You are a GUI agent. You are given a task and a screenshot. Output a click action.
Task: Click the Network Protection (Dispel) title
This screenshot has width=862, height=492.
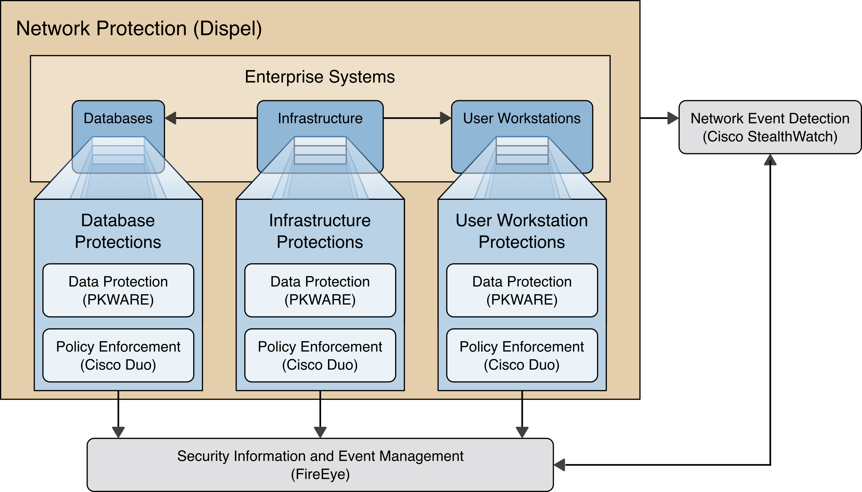(x=139, y=28)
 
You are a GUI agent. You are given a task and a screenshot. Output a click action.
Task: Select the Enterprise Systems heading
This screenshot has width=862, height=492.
(x=320, y=77)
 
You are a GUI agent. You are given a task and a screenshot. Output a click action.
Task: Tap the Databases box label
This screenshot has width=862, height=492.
(x=118, y=118)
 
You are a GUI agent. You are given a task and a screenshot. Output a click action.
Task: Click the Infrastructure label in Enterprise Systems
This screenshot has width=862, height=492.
(x=320, y=118)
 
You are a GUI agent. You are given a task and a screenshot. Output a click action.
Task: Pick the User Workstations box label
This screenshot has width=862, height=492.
(x=522, y=118)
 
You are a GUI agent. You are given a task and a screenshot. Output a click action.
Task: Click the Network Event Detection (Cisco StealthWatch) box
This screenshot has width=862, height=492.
(x=770, y=127)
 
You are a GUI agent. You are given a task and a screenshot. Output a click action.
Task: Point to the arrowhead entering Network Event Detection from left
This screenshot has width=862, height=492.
(x=673, y=118)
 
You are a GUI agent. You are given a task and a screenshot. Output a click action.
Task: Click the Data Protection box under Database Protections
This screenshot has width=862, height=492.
(x=118, y=290)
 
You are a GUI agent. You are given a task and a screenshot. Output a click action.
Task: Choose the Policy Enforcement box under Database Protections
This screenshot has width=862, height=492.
(x=118, y=355)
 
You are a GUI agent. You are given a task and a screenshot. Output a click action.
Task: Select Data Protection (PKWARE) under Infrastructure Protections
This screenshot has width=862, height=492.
(x=320, y=290)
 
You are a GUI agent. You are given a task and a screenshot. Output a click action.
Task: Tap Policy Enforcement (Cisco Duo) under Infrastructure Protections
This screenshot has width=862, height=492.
(x=320, y=355)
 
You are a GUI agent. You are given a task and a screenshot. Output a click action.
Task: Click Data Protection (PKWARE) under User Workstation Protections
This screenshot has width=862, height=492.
(x=522, y=290)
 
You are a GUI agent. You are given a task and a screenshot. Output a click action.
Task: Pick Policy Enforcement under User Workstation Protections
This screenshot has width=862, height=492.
(x=522, y=355)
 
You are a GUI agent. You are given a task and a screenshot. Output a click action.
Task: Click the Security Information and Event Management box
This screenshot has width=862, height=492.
(x=320, y=465)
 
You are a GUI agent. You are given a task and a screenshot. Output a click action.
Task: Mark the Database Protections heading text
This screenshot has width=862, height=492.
(x=118, y=231)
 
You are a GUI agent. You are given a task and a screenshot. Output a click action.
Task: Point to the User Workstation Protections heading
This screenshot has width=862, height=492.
(x=522, y=231)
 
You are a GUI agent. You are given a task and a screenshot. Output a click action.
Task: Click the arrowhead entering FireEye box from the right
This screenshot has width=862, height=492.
(x=560, y=465)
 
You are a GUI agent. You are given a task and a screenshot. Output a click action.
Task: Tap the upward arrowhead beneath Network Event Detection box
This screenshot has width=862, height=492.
(x=770, y=160)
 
